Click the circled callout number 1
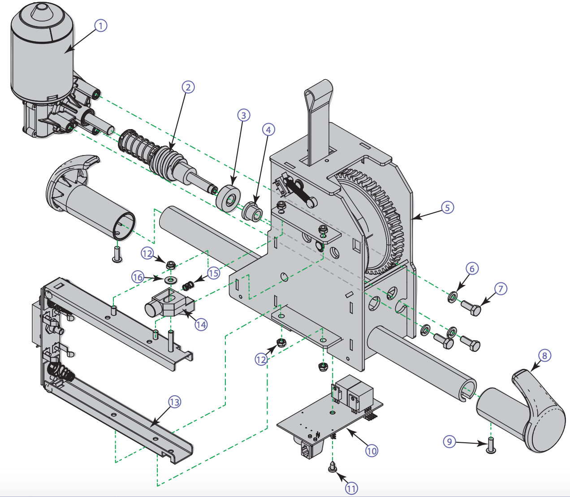pos(101,26)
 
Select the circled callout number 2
pos(188,87)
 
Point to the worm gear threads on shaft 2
pos(168,161)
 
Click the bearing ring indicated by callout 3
pos(227,197)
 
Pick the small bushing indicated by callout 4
pos(252,211)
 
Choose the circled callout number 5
pos(447,207)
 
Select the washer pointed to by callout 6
pos(453,297)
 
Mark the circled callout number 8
pos(544,356)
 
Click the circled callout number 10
pos(371,450)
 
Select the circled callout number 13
pos(174,402)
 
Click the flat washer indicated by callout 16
pos(170,280)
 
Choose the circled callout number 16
pos(138,277)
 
